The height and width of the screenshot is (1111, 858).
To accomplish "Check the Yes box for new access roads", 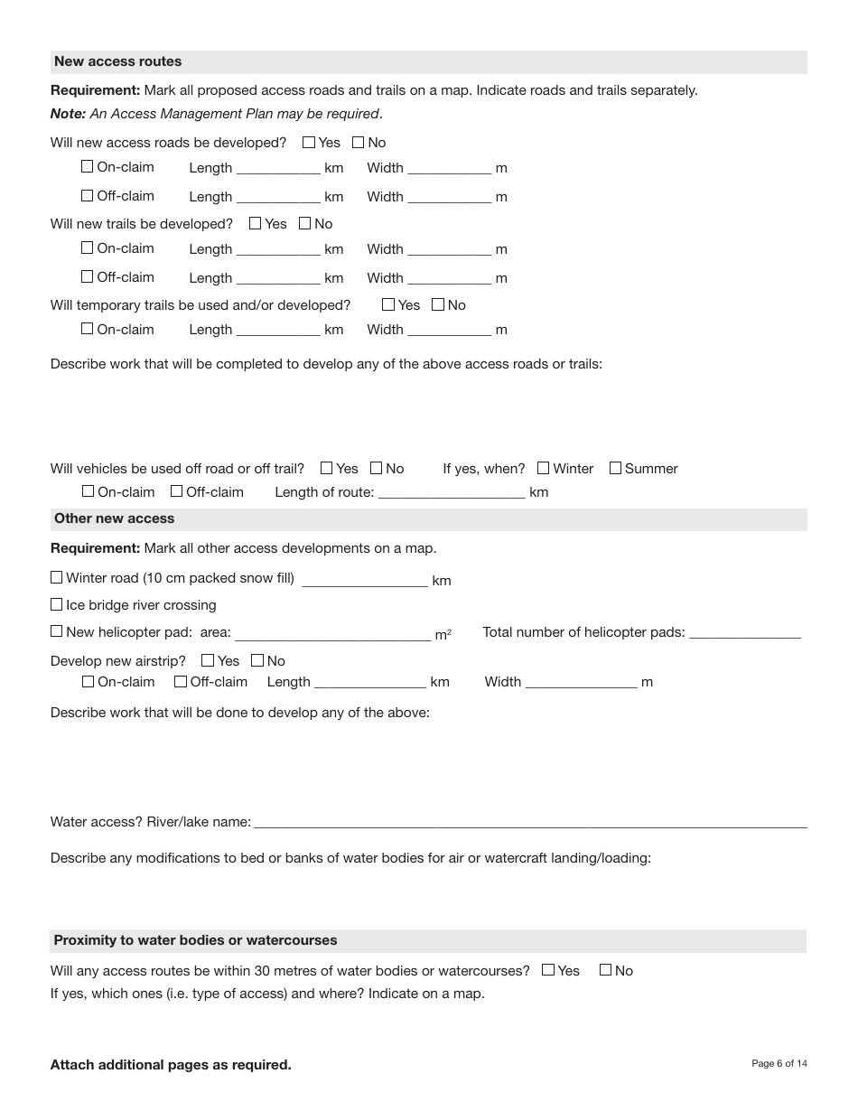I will [x=309, y=142].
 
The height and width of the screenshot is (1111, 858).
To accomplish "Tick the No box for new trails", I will [x=304, y=223].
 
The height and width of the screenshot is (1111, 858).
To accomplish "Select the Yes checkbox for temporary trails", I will [x=388, y=304].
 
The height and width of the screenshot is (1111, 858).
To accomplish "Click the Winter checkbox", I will [x=543, y=468].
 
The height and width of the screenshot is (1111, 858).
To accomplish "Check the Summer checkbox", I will [x=615, y=468].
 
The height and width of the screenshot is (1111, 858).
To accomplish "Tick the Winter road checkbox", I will [x=57, y=577].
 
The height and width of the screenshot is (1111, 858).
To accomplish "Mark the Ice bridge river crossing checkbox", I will [x=57, y=604].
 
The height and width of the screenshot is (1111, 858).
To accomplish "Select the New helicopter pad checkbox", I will [x=57, y=631].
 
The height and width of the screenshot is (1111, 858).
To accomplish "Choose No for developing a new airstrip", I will [x=257, y=660].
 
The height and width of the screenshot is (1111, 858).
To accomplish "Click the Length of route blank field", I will [x=452, y=491].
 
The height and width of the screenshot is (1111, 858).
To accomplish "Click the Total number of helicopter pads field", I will [x=744, y=631].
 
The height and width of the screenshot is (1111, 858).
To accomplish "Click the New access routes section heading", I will [x=117, y=61].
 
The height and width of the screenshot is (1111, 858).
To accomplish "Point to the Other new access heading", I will [x=114, y=518].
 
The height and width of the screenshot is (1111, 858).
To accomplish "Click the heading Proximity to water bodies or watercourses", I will [x=195, y=940].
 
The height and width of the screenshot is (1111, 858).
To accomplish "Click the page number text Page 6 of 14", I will [x=779, y=1063].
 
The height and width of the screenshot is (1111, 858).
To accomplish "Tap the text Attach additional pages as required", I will [x=171, y=1065].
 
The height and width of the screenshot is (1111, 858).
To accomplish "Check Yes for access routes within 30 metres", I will [x=548, y=970].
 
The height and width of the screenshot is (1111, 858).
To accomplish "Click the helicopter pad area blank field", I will [x=332, y=632].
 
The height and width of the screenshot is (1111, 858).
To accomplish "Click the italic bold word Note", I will [x=67, y=114].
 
